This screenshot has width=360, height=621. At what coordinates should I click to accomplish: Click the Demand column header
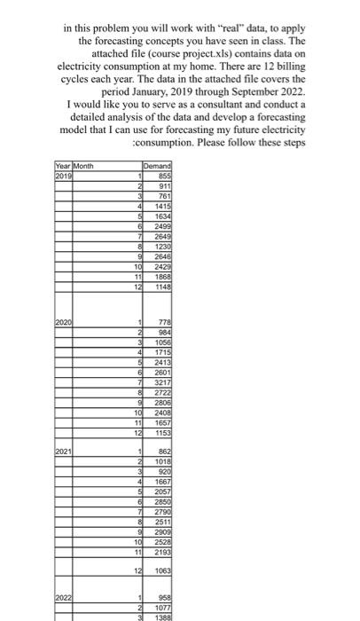(x=155, y=165)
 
